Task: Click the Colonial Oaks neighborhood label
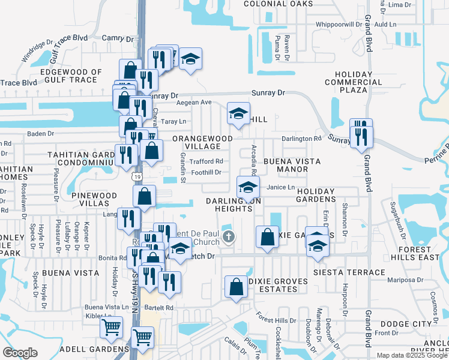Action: [x=278, y=4]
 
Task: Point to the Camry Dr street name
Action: [x=112, y=37]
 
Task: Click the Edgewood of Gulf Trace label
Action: [x=68, y=76]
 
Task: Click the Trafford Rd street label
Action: [x=206, y=161]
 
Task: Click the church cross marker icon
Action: [x=228, y=237]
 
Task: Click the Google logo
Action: [x=20, y=352]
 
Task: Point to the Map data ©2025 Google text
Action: [x=412, y=355]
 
